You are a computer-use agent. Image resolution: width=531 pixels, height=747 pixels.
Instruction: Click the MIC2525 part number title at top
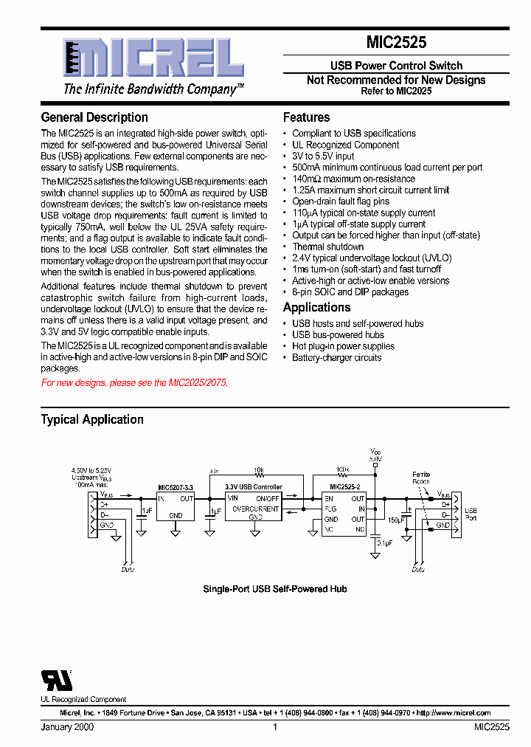point(396,44)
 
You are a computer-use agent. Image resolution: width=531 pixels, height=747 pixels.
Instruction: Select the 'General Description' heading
point(94,117)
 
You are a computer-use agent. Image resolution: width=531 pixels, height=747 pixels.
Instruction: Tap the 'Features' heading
point(306,117)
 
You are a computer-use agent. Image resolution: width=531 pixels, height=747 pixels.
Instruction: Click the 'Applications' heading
point(316,307)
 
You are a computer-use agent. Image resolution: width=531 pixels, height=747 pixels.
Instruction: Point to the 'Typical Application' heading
point(92,419)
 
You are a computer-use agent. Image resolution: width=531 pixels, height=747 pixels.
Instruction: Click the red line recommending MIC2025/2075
point(134,383)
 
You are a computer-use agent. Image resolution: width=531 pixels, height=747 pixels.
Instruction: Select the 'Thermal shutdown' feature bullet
point(327,247)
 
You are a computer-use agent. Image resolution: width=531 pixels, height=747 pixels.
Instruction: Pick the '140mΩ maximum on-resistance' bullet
point(353,179)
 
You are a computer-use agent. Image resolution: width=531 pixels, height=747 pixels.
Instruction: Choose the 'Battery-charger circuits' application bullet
point(336,357)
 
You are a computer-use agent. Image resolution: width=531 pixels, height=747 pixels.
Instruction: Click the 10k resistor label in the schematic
point(258,469)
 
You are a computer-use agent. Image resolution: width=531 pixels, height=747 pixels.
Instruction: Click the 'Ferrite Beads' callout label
point(421,478)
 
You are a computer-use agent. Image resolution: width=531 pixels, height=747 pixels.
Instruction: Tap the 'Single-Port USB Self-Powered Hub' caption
point(274,589)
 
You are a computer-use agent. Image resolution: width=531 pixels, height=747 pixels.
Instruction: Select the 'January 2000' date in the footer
point(67,727)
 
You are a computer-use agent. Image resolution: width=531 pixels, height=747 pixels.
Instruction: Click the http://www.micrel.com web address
point(453,713)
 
